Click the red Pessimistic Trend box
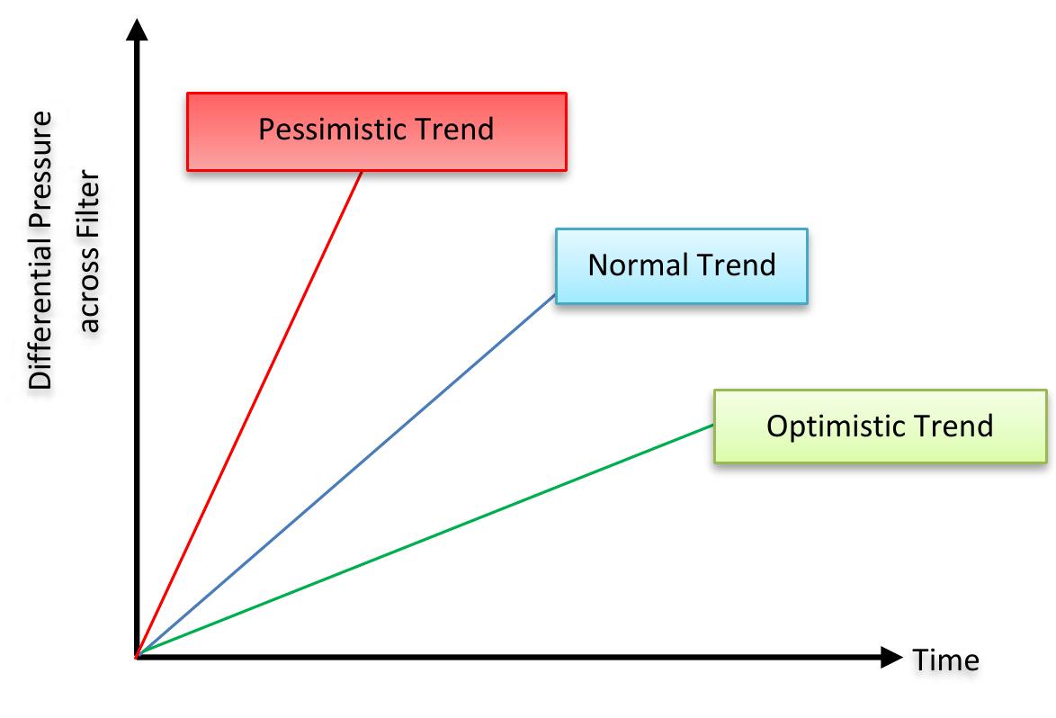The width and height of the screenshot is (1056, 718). [x=377, y=132]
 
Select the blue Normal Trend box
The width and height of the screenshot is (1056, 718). [x=682, y=266]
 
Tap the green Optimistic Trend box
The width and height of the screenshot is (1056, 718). [x=881, y=426]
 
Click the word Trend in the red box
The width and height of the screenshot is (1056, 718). [x=454, y=129]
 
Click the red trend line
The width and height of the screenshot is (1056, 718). [x=249, y=414]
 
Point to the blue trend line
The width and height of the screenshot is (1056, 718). [x=346, y=475]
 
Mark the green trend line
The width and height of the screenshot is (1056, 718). [x=425, y=541]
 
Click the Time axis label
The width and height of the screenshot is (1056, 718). [x=945, y=660]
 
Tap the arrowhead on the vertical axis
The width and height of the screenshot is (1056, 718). [x=137, y=30]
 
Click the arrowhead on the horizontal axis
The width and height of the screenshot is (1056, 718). [x=891, y=657]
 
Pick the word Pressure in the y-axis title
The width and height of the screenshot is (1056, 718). [x=40, y=177]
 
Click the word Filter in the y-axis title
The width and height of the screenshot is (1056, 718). [x=90, y=200]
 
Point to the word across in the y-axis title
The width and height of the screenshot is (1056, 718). [x=90, y=285]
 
